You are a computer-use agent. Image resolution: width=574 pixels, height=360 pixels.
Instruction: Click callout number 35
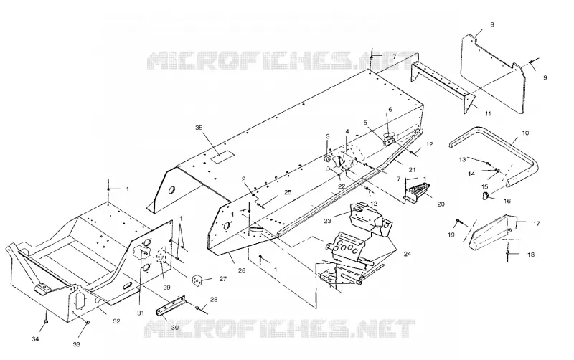[x=199, y=128]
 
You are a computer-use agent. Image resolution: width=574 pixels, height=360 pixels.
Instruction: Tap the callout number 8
[x=492, y=24]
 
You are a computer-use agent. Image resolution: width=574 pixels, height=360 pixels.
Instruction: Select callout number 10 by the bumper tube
[x=525, y=133]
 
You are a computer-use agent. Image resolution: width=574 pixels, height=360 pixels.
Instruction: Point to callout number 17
[x=536, y=223]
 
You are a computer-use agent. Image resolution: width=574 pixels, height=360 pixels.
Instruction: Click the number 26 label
[x=242, y=271]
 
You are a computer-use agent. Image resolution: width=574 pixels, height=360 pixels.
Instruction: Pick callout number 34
[x=35, y=339]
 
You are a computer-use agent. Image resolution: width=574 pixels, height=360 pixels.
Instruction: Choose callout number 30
[x=175, y=328]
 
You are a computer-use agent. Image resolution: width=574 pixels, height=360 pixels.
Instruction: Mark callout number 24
[x=407, y=254]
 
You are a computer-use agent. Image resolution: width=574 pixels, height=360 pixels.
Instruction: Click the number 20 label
[x=441, y=204]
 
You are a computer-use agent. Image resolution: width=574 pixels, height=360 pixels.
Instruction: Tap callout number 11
[x=488, y=113]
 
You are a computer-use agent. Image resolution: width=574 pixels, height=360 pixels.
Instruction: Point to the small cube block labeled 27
[x=197, y=280]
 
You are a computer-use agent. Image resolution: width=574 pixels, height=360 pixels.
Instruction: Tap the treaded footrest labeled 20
[x=417, y=191]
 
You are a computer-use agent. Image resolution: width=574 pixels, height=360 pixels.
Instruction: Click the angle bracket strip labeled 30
[x=171, y=305]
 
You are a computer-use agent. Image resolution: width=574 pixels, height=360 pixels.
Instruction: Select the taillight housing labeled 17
[x=493, y=232]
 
